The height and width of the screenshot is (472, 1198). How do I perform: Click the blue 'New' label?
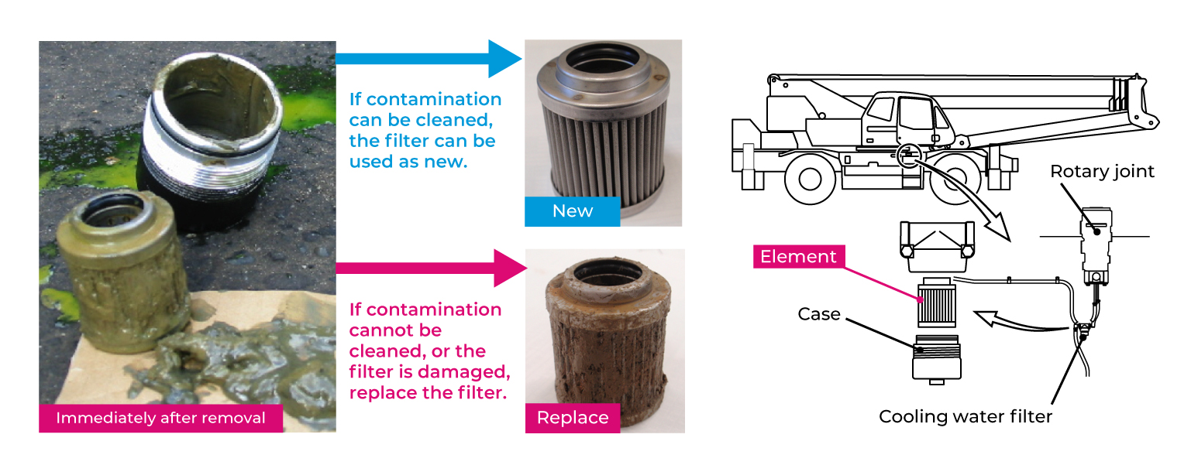(x=572, y=211)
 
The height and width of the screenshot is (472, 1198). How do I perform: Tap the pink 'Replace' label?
(x=572, y=418)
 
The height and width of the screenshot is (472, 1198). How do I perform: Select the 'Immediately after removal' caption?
(x=160, y=418)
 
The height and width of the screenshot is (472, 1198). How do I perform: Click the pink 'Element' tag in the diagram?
(x=798, y=257)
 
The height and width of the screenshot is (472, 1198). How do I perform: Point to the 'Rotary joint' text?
(x=1102, y=171)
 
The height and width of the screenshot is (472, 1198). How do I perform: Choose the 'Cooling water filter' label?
(x=965, y=417)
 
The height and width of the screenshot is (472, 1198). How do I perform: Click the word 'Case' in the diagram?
(x=819, y=314)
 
